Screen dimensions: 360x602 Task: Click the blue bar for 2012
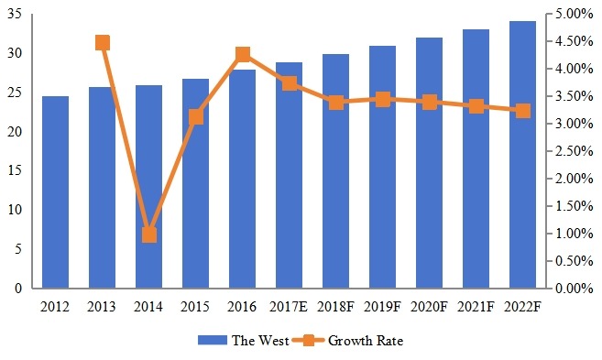click(55, 192)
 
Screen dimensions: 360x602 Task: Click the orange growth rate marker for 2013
click(103, 43)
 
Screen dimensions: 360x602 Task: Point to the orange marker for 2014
click(149, 235)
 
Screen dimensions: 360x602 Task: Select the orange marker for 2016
click(243, 55)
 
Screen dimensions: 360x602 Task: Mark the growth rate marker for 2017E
click(290, 83)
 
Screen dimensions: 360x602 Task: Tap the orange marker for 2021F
click(476, 106)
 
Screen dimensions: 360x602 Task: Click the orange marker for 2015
click(196, 116)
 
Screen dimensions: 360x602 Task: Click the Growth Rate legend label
click(366, 341)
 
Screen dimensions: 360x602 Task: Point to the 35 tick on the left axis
click(17, 15)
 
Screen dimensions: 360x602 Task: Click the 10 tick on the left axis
click(17, 210)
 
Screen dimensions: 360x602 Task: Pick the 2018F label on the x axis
click(336, 306)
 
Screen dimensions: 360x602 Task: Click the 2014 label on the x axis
click(149, 306)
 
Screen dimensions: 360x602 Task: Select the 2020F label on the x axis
click(430, 306)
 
